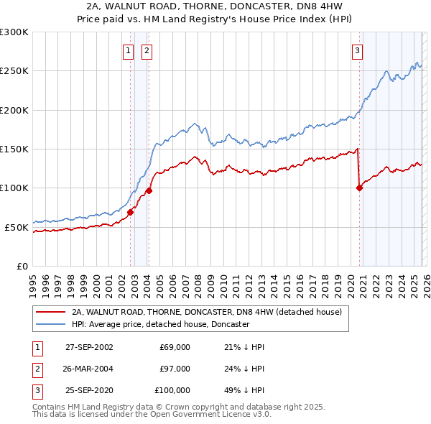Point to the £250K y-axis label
[x=14, y=71]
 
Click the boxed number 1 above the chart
[x=128, y=50]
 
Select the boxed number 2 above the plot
[x=147, y=50]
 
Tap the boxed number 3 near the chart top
[x=357, y=50]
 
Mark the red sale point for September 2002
[x=131, y=212]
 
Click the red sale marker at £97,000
[x=149, y=190]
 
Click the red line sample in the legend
[x=51, y=313]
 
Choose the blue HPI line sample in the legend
[x=51, y=324]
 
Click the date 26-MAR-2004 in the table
[x=89, y=369]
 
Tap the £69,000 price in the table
[x=175, y=346]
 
